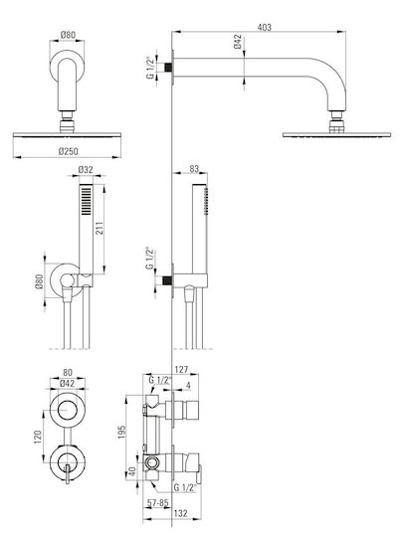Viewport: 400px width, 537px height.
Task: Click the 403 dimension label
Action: point(264,27)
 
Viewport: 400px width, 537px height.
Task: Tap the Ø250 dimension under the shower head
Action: point(69,151)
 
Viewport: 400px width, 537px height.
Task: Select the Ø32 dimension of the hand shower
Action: point(86,170)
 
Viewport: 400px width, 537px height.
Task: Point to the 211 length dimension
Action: point(100,228)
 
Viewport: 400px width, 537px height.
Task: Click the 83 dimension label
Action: point(194,169)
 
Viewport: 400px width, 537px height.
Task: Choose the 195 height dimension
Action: point(121,433)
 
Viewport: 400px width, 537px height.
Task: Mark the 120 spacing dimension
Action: point(38,437)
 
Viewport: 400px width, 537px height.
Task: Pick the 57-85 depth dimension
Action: point(158,503)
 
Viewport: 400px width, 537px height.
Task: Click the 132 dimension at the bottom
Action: point(181,513)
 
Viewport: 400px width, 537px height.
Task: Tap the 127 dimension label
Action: point(181,370)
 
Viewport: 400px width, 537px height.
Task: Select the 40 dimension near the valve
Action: point(132,471)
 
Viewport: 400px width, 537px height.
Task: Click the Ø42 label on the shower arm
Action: point(238,42)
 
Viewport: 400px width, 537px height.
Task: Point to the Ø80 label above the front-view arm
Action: point(68,35)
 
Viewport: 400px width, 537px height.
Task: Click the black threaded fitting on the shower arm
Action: point(167,67)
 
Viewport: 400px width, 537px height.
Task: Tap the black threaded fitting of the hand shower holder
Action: point(167,280)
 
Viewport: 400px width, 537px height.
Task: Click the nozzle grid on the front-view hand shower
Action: point(86,201)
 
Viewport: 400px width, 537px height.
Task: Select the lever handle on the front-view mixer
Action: point(68,473)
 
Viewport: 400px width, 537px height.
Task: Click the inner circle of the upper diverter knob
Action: point(68,410)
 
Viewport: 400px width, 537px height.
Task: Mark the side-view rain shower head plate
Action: point(336,135)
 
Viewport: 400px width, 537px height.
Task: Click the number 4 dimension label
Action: point(188,385)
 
